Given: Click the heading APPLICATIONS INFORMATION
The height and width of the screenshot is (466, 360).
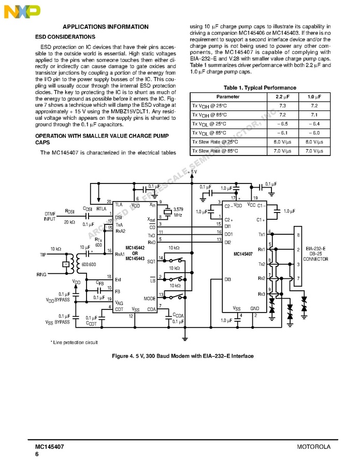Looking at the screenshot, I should point(105,27).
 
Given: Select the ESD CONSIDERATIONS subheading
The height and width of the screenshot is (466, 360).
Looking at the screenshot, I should point(65,37).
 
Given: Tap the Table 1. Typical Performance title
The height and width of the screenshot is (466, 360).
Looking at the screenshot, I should point(260,88).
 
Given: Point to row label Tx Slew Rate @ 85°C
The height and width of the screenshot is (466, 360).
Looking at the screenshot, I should point(215,151).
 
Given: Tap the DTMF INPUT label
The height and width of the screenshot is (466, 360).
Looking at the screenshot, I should point(50,216).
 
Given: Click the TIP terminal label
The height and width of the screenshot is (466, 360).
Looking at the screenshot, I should point(42,255).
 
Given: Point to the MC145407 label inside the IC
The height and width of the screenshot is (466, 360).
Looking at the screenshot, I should point(243,254).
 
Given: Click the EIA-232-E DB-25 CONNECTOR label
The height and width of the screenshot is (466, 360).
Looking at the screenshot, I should point(315,253).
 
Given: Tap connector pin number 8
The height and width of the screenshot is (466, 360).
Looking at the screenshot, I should point(298,235).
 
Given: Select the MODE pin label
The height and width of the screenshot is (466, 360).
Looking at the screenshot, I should point(150,299).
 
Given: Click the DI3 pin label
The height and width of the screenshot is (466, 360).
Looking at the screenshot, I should point(227,279).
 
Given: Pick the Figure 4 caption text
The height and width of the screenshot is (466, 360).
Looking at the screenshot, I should point(183,357).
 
